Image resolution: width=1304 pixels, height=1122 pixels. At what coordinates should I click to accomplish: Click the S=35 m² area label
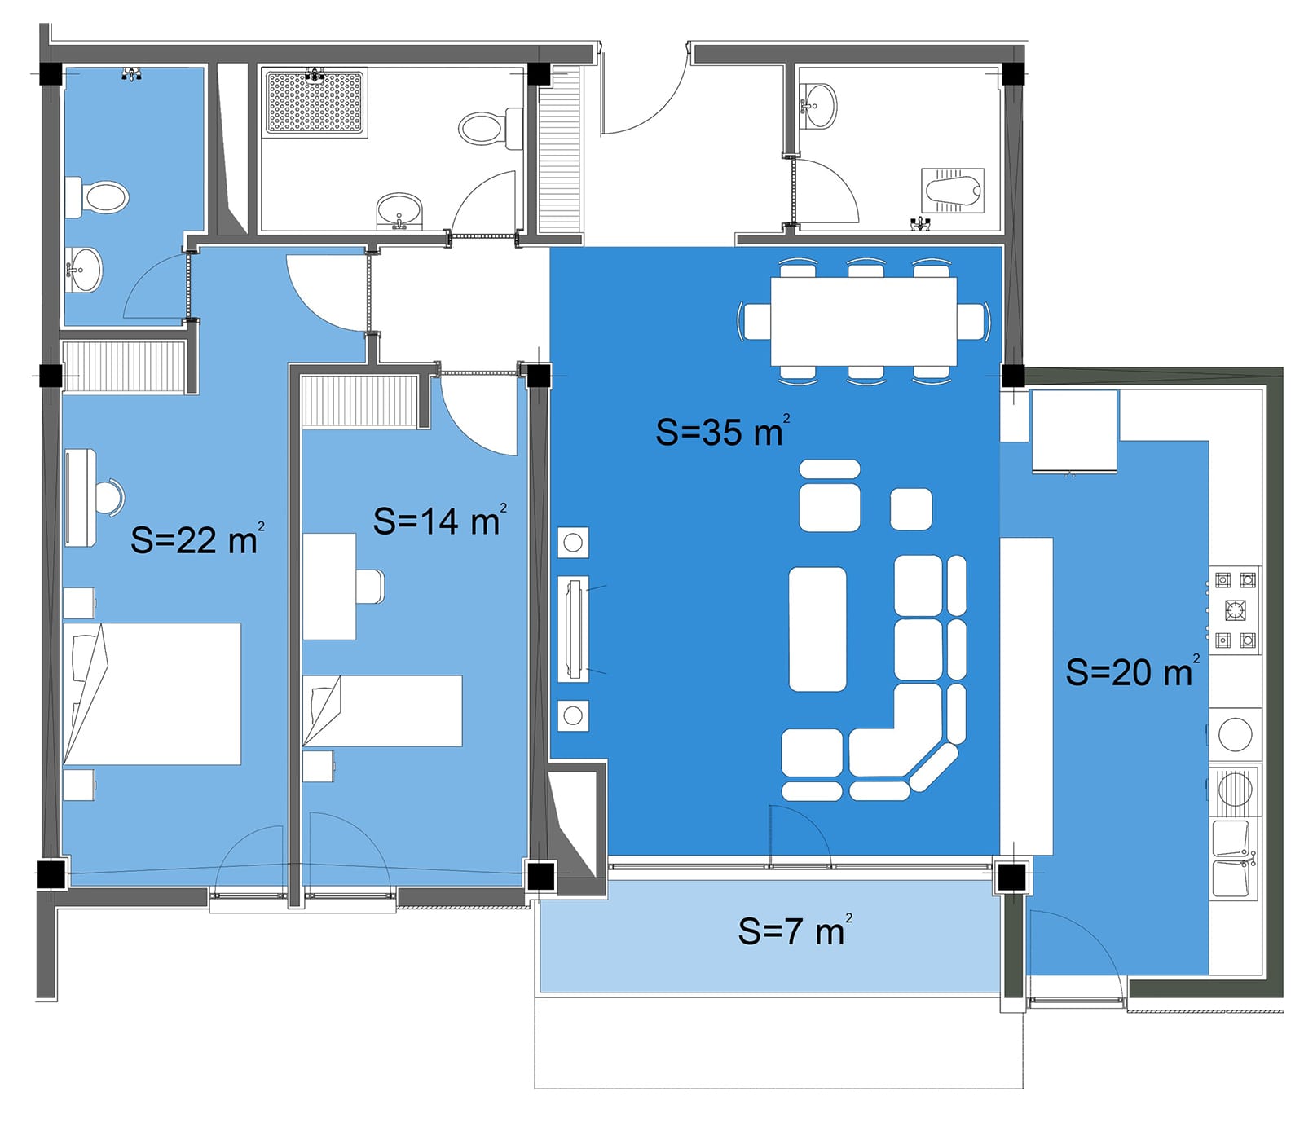(x=723, y=430)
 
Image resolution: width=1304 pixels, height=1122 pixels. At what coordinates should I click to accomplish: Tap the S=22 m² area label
(x=198, y=539)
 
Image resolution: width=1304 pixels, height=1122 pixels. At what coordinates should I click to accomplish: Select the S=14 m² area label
(x=440, y=520)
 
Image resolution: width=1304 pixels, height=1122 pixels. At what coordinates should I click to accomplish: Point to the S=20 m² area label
(x=1133, y=671)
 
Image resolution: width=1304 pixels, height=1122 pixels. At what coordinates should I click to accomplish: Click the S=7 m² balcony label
(x=795, y=930)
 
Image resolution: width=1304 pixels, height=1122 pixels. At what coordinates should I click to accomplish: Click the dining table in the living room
(x=863, y=321)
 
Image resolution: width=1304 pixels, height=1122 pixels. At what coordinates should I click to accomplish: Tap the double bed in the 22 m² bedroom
(x=152, y=693)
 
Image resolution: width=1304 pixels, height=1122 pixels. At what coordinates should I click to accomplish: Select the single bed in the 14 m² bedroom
(x=382, y=711)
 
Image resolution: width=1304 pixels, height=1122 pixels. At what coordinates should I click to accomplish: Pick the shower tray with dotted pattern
(x=315, y=103)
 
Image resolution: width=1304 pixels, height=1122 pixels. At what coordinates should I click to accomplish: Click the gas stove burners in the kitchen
(x=1235, y=609)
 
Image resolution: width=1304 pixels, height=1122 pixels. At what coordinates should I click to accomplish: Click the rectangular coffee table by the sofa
(x=817, y=629)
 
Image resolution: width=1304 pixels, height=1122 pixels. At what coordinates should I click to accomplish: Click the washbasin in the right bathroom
(x=817, y=106)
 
